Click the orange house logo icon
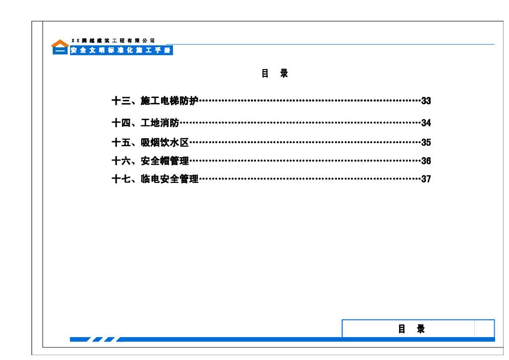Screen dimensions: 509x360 [60, 43]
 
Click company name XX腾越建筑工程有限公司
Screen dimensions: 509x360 [113, 40]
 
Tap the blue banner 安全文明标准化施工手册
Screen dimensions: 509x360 [121, 51]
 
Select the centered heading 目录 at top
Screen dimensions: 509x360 [275, 74]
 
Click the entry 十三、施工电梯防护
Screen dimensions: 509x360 [155, 101]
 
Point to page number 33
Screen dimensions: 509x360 [426, 101]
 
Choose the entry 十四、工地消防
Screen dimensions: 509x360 [145, 123]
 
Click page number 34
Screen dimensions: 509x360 [426, 123]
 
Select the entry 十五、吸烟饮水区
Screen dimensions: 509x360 [150, 143]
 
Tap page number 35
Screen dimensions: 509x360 [426, 143]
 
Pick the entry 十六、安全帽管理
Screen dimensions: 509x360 [150, 161]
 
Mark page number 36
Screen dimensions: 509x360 [426, 161]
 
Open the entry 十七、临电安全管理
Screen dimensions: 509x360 [155, 179]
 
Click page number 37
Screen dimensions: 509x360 [426, 179]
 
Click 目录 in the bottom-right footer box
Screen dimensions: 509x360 [412, 329]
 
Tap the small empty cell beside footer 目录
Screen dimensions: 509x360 [484, 329]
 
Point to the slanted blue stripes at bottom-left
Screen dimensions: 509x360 [104, 340]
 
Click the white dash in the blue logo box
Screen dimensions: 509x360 [60, 51]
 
